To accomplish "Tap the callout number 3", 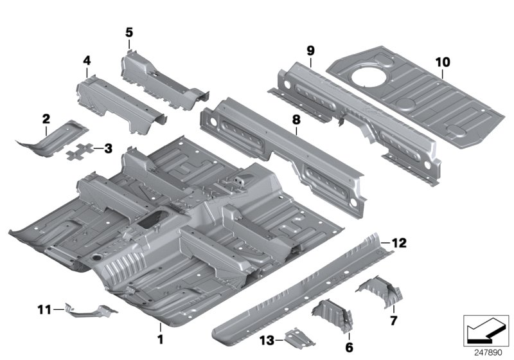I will [x=108, y=149].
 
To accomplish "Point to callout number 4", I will [x=86, y=61].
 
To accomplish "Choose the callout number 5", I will [x=129, y=32].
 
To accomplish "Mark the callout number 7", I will [x=394, y=318].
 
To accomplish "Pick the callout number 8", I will [x=296, y=119].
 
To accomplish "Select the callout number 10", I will [x=442, y=62].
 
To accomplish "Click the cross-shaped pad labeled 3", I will [x=82, y=152].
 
